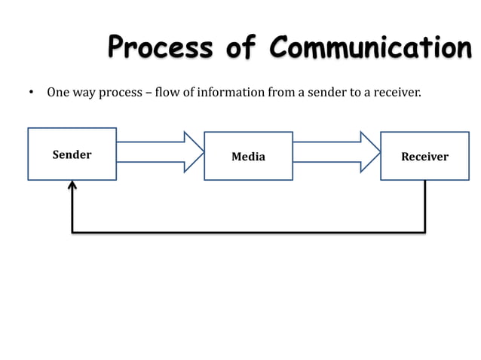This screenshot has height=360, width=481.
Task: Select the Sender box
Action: click(x=72, y=154)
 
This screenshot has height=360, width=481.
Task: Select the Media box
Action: click(x=248, y=156)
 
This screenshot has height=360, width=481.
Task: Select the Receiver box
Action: click(x=424, y=156)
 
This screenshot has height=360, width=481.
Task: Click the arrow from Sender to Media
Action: click(x=161, y=152)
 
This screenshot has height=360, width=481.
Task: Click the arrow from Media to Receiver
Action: click(x=336, y=152)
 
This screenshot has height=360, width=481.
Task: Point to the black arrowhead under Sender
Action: click(x=72, y=185)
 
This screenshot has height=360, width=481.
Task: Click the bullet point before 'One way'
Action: click(x=31, y=94)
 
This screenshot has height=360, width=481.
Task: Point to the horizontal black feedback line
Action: click(x=249, y=232)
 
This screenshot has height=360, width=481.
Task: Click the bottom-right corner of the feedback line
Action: click(x=424, y=232)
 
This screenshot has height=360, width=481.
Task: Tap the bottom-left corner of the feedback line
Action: click(x=72, y=232)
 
